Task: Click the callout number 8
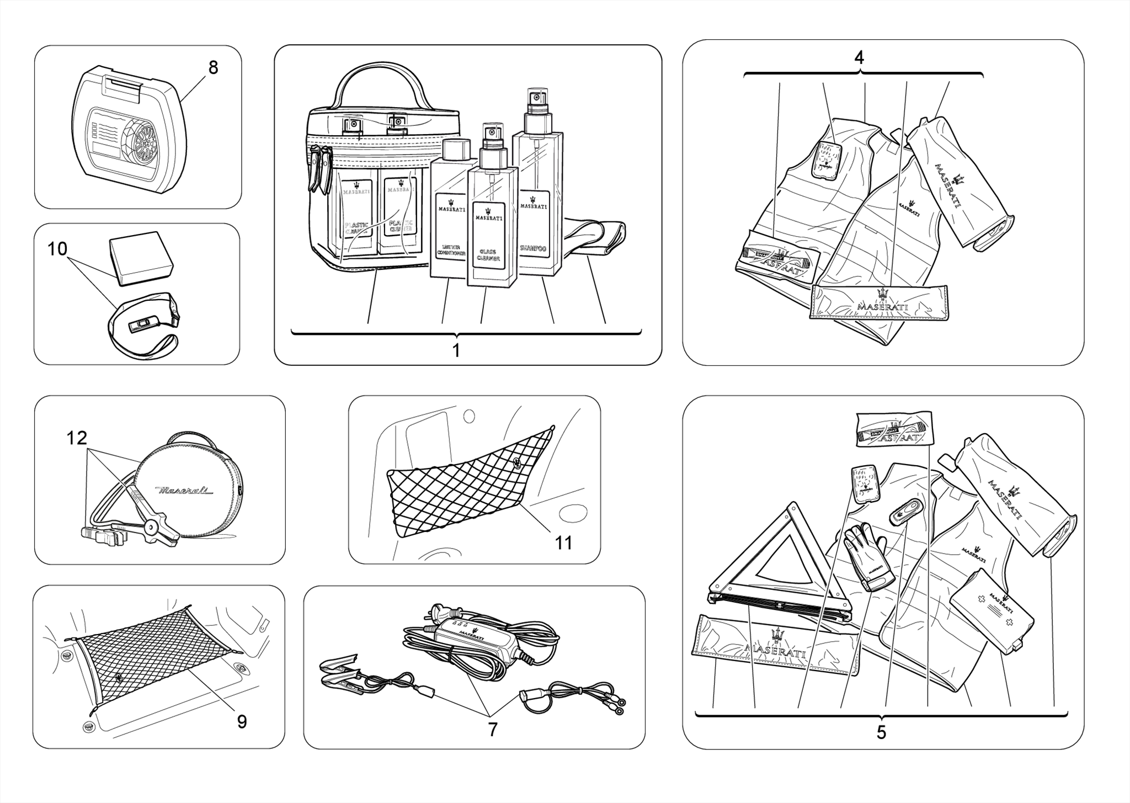pos(213,68)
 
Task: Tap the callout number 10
pos(57,249)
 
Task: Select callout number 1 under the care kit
pos(456,350)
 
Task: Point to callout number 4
pos(859,57)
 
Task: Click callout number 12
pos(77,438)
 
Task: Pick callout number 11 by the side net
pos(563,543)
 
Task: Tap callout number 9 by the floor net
pos(242,721)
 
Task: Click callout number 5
pos(881,732)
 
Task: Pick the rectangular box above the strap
pos(141,256)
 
